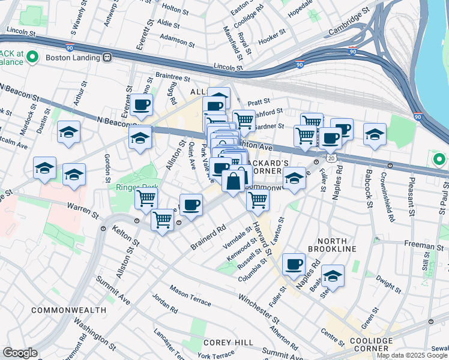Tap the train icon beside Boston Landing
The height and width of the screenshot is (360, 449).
pyautogui.click(x=107, y=58)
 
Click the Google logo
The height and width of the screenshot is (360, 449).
pyautogui.click(x=20, y=353)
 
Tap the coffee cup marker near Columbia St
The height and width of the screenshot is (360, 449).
pyautogui.click(x=294, y=263)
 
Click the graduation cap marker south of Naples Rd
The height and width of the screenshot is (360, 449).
pyautogui.click(x=333, y=275)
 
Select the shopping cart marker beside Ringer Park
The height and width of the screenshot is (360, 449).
pyautogui.click(x=146, y=198)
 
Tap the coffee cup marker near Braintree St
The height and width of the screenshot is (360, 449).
pyautogui.click(x=142, y=104)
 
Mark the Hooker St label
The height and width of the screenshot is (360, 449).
pyautogui.click(x=273, y=39)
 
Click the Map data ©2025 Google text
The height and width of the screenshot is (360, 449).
pyautogui.click(x=412, y=355)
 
